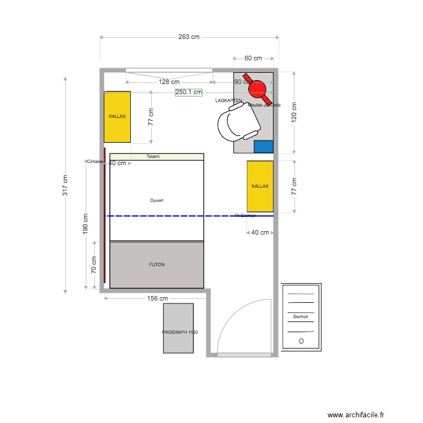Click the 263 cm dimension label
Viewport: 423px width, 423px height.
coord(189,37)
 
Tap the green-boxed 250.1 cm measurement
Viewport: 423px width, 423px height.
coord(189,92)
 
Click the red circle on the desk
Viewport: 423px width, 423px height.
coord(258,89)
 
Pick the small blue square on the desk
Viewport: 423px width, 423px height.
coord(263,147)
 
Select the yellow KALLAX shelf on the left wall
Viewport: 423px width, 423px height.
coord(117,116)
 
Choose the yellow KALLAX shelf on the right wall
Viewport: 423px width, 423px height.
coord(260,186)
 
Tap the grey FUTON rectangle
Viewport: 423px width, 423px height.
coord(157,265)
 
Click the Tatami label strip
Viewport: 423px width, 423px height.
coord(156,156)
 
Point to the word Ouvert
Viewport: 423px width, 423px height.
coord(157,200)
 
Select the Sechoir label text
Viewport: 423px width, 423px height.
coord(301,316)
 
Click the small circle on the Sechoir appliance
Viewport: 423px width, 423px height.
coord(301,341)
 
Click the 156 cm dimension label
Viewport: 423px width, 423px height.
coord(157,298)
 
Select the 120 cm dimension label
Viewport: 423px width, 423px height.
coord(295,113)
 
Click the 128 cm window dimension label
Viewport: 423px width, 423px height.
coord(169,82)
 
